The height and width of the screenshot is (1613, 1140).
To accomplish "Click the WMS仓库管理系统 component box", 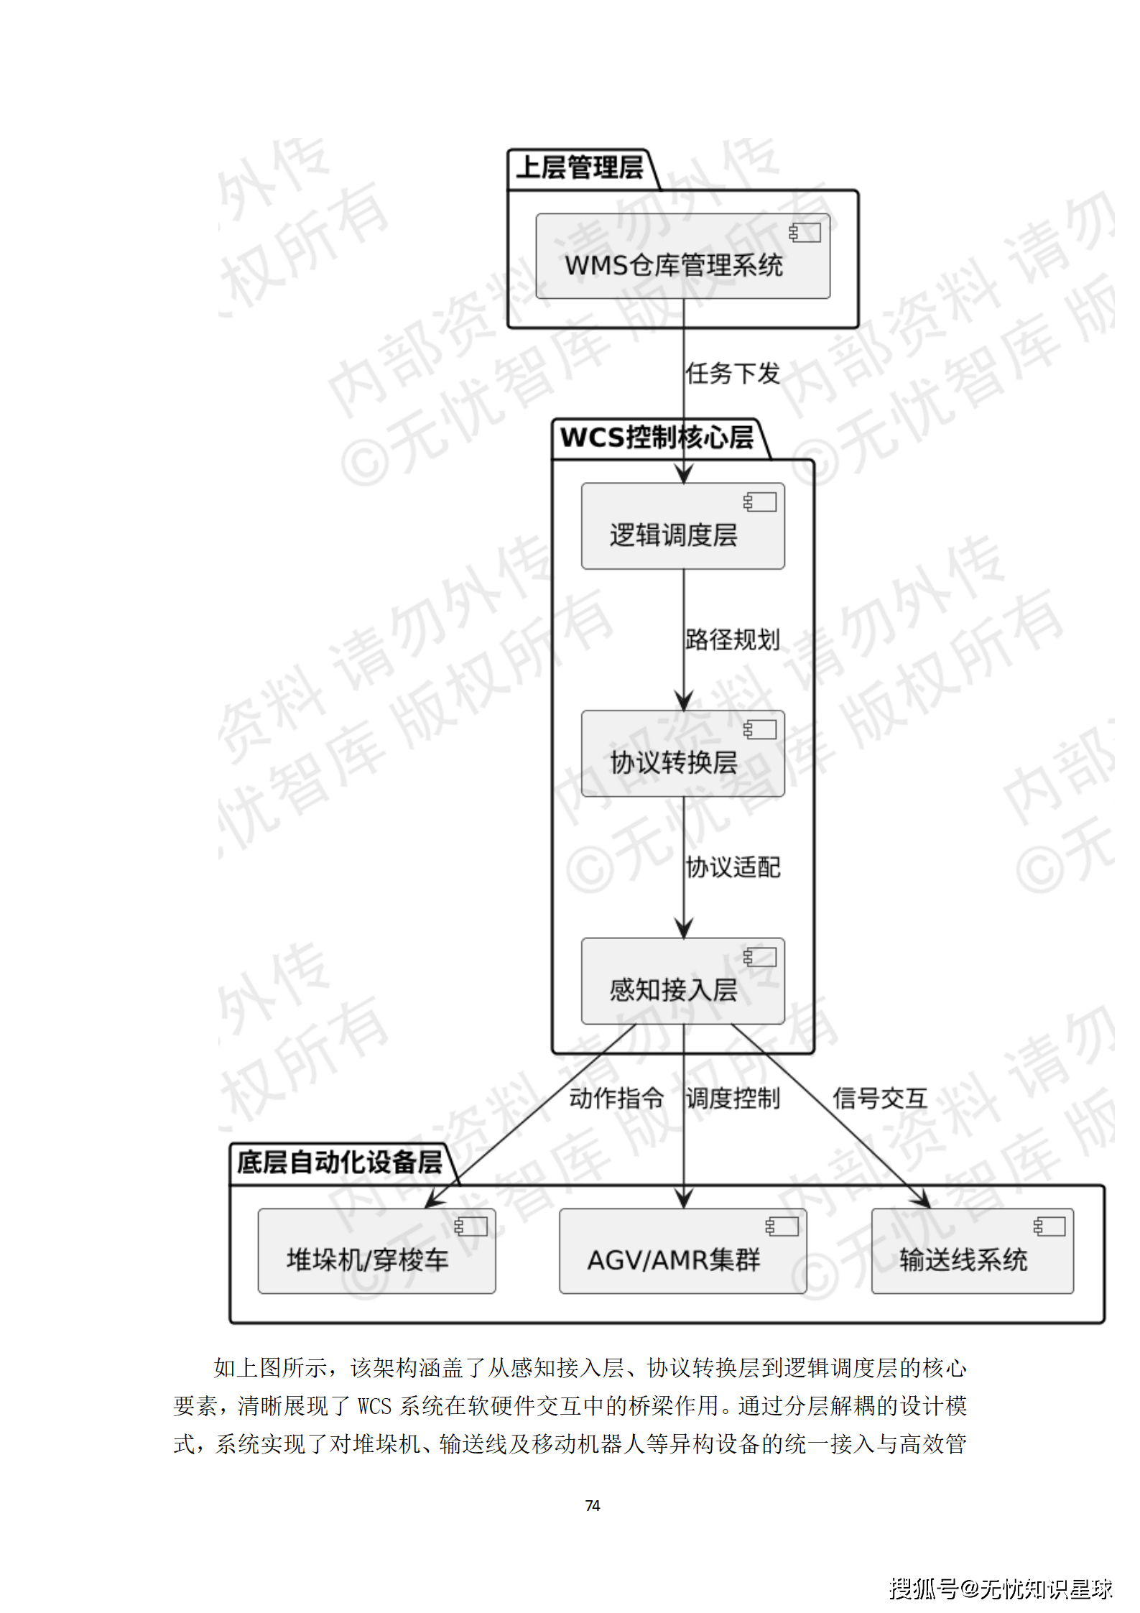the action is pos(682,256).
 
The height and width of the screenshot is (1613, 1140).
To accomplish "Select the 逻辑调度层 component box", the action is pos(682,527).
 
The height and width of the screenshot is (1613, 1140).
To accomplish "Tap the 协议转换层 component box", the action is pos(682,754).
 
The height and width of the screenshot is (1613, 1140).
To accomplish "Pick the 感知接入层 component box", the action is pos(682,981).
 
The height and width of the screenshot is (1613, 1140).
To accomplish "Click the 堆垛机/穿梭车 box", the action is pos(376,1252).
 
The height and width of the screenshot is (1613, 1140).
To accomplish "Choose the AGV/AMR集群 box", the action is pos(682,1252).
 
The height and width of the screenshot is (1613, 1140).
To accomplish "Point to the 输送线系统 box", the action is pos(972,1252).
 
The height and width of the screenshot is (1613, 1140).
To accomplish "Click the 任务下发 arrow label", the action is pos(733,374).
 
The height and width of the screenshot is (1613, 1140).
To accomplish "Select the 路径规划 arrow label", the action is pos(733,639).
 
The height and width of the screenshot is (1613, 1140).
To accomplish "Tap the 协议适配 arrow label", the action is pos(733,867).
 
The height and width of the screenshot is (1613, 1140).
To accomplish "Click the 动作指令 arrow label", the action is pos(616,1099).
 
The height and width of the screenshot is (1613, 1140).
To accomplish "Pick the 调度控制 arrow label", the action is pos(733,1099).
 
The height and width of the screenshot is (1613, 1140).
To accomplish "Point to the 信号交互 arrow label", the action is pos(880,1099).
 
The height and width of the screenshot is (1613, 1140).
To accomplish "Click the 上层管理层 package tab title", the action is pos(580,168).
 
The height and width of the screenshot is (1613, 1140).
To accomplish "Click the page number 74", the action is pos(593,1505).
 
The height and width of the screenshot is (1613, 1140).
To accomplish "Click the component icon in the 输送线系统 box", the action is pos(1049,1226).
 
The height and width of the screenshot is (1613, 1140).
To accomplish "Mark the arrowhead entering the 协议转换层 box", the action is pos(684,701).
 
